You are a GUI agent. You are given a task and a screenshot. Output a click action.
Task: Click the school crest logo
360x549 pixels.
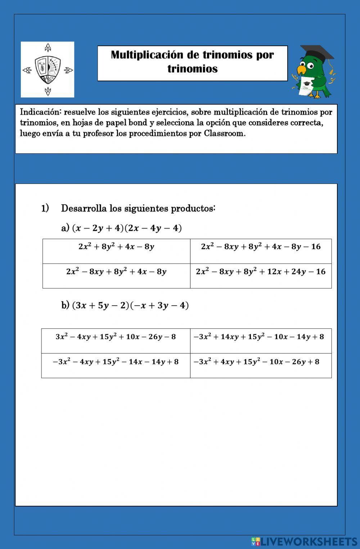point(48,69)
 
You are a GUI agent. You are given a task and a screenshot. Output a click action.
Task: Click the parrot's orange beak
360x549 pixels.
point(301,69)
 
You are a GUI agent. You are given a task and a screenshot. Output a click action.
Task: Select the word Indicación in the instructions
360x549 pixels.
point(40,112)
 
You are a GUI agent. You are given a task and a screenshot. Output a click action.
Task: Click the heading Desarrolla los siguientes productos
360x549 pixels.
point(138,208)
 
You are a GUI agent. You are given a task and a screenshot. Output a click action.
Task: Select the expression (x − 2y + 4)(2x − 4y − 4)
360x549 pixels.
point(127,228)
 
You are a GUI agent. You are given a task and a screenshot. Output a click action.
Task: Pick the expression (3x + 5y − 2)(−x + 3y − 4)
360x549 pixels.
point(130,306)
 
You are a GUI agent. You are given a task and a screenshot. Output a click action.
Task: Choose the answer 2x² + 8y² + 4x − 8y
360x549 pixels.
point(116,247)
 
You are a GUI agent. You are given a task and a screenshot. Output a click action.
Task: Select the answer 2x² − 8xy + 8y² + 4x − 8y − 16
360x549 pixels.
point(261,247)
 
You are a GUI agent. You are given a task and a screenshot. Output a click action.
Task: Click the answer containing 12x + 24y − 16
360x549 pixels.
point(261,272)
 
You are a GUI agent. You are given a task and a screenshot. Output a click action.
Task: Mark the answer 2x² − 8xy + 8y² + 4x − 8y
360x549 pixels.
point(116,272)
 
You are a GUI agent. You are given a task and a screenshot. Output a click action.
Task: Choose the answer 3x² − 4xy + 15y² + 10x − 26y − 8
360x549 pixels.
point(116,337)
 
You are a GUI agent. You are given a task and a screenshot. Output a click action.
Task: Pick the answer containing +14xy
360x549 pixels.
point(258,337)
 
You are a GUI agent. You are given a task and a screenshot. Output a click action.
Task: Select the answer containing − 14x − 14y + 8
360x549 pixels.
point(116,362)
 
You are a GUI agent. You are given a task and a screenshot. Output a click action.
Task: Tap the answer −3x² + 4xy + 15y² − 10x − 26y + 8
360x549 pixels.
point(256,362)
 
